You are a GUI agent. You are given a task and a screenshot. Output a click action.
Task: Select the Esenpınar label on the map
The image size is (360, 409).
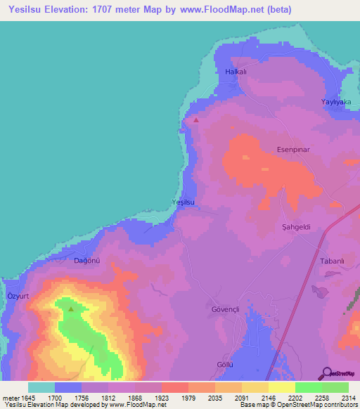294,150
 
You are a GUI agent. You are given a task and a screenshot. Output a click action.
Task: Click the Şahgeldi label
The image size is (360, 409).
296,227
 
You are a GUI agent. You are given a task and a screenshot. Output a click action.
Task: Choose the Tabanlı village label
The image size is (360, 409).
332,261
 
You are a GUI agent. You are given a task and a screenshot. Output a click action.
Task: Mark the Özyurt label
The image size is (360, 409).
18,297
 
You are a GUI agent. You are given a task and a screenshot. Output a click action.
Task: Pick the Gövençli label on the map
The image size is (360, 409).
226,309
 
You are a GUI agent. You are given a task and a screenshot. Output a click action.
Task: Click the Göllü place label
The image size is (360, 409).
224,364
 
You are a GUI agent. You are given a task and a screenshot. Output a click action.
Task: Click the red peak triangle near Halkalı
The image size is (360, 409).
196,119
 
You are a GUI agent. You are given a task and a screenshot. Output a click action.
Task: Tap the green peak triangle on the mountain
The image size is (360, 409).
70,308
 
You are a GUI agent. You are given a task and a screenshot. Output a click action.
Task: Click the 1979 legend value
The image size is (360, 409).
187,397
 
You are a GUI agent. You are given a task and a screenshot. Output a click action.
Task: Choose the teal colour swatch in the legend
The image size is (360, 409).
41,387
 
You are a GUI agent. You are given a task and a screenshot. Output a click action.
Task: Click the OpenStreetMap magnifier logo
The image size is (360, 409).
326,372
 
